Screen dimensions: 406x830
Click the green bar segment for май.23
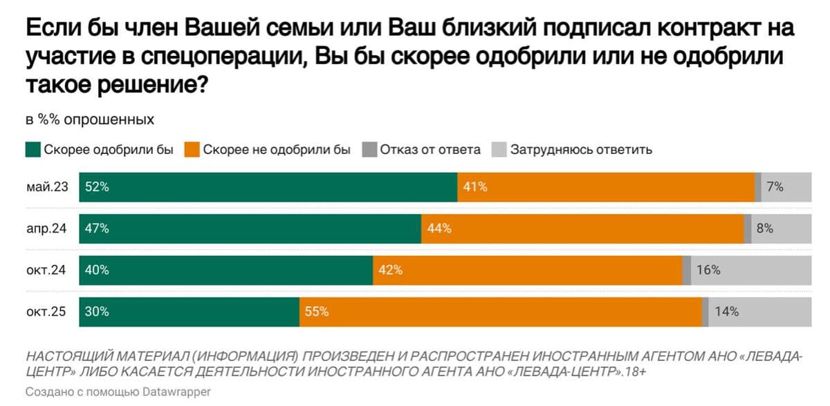click(268, 187)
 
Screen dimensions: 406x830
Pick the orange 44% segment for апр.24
click(582, 229)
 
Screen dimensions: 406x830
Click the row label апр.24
click(46, 229)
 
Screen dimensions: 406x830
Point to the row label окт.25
click(46, 311)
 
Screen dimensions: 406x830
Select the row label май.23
click(46, 187)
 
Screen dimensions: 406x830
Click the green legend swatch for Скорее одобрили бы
click(33, 149)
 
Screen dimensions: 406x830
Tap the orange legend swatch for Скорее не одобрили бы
click(192, 149)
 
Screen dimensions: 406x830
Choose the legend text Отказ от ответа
click(430, 149)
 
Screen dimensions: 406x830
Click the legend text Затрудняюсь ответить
click(580, 149)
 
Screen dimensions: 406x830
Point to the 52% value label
click(96, 187)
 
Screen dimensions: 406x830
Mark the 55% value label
click(317, 311)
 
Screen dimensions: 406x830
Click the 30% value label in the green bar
click(96, 311)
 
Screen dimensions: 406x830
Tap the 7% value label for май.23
click(775, 187)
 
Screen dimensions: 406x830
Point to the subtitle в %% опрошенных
click(90, 119)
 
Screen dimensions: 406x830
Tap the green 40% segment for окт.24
click(226, 270)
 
